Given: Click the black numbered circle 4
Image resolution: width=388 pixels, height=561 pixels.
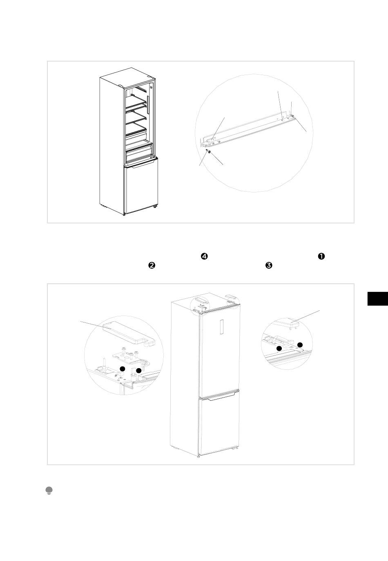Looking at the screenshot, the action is pyautogui.click(x=204, y=256).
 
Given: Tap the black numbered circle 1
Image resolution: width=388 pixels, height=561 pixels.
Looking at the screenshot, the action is pyautogui.click(x=321, y=256).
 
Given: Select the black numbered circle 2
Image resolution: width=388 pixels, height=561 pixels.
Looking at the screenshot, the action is pyautogui.click(x=152, y=265).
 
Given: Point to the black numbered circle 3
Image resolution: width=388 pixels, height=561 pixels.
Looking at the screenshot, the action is pyautogui.click(x=269, y=265).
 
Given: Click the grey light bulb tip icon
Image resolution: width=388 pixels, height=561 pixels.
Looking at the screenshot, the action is pyautogui.click(x=49, y=490).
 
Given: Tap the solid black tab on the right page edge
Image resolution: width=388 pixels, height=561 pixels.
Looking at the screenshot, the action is pyautogui.click(x=378, y=299).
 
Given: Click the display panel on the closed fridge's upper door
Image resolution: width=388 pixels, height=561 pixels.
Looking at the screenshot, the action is pyautogui.click(x=222, y=327).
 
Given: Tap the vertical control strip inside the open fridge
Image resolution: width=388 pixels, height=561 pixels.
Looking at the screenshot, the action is pyautogui.click(x=148, y=104).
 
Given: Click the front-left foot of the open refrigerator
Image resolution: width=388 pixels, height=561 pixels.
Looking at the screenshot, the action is pyautogui.click(x=124, y=214).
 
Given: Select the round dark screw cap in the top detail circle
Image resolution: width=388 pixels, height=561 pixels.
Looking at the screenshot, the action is pyautogui.click(x=209, y=152).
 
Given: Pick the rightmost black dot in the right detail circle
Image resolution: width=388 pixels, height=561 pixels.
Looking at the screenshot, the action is pyautogui.click(x=300, y=345).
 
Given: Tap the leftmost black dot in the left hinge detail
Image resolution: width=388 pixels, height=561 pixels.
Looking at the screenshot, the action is pyautogui.click(x=123, y=369).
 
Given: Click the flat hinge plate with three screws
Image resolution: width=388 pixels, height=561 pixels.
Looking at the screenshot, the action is pyautogui.click(x=129, y=355).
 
